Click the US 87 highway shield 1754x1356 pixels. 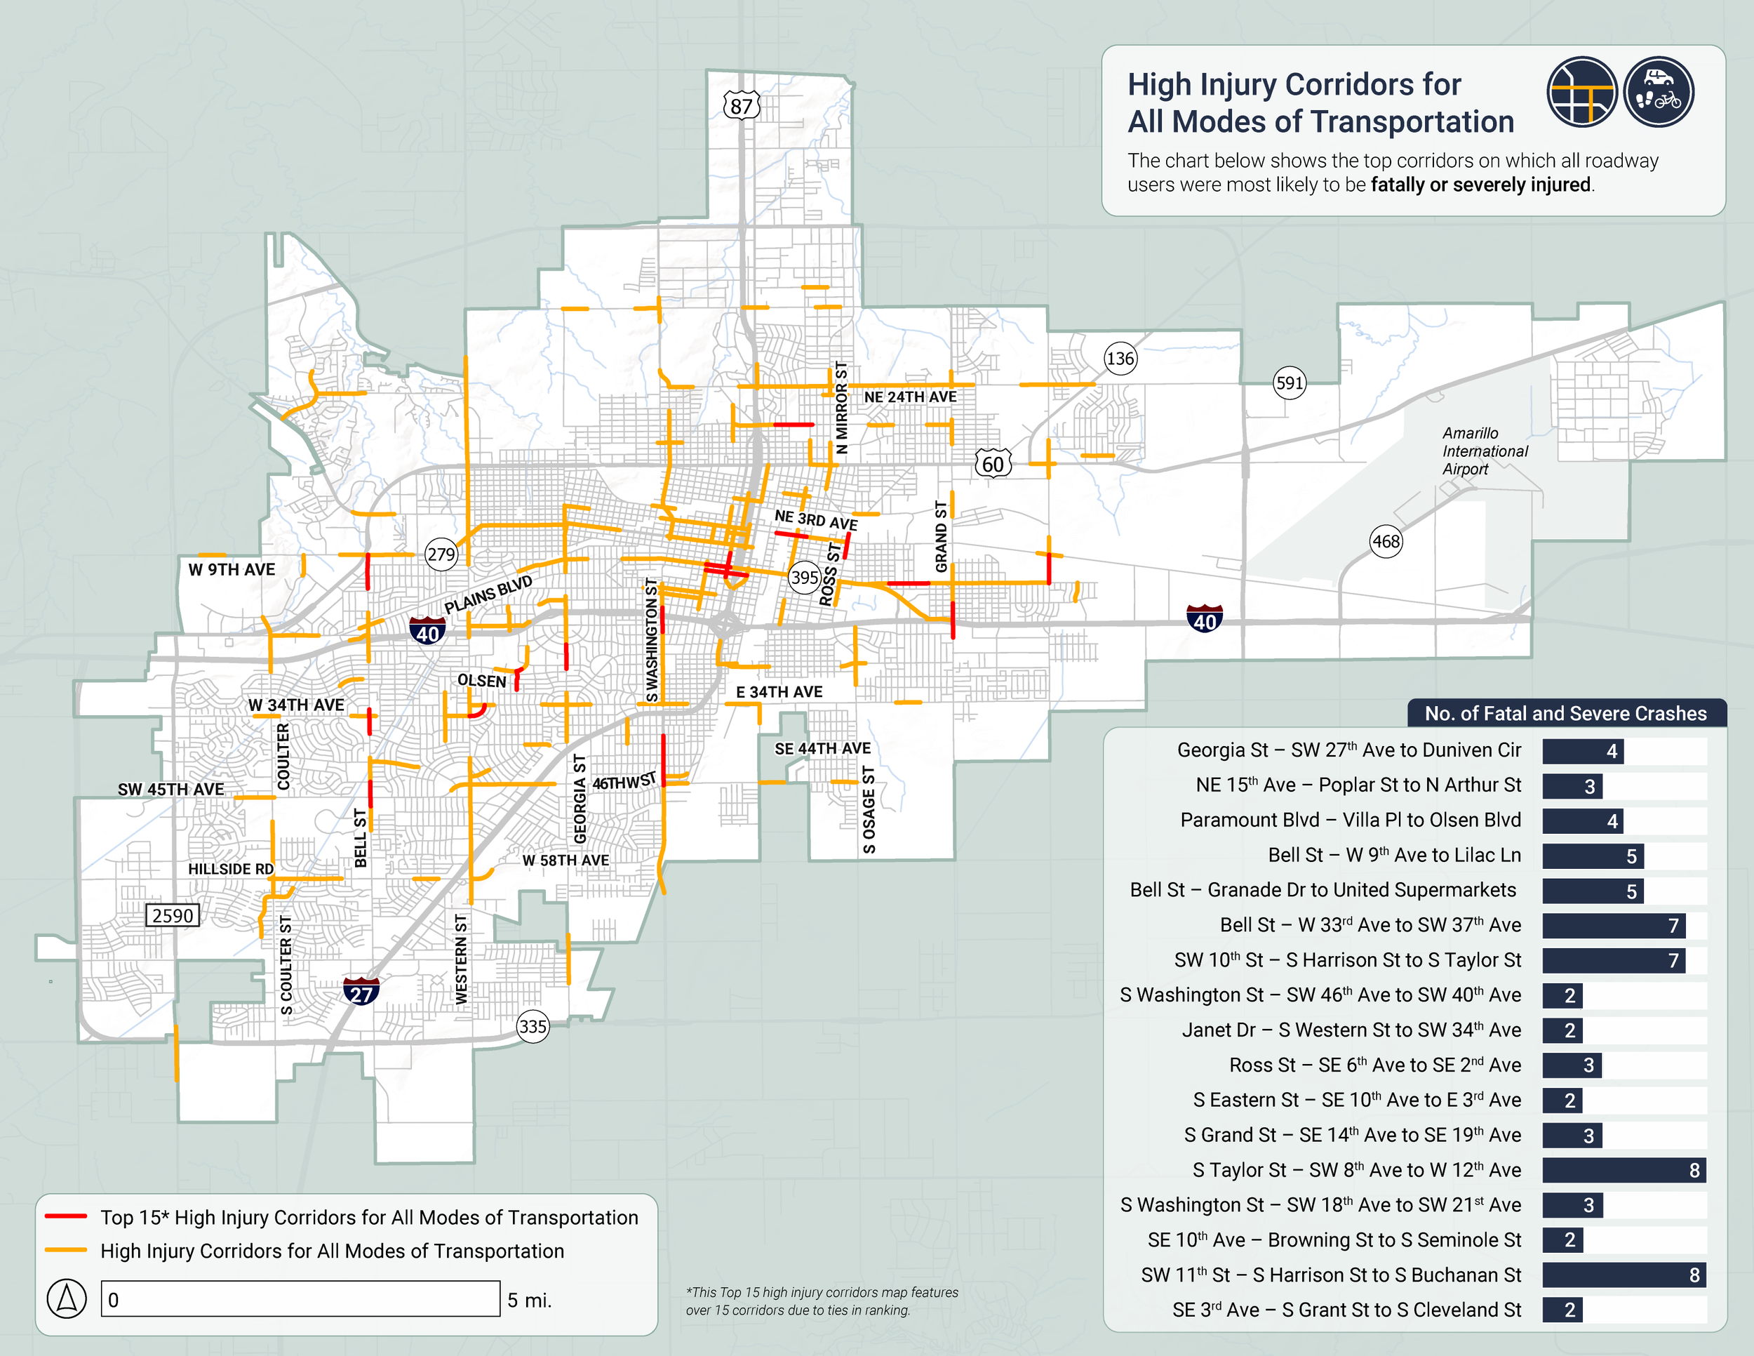click(x=740, y=105)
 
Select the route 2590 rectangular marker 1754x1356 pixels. click(x=173, y=915)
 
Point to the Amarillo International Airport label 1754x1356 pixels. click(x=1484, y=451)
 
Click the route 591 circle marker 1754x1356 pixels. click(x=1289, y=383)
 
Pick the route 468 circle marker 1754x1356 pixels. click(x=1386, y=541)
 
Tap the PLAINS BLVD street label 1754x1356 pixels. click(x=488, y=594)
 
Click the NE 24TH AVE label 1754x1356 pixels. click(x=910, y=397)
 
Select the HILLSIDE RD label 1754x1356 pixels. click(x=231, y=868)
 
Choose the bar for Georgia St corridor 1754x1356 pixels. click(x=1582, y=751)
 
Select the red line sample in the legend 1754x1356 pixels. click(x=66, y=1216)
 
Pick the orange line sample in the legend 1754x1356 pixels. click(x=66, y=1250)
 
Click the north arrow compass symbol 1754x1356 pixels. click(x=67, y=1298)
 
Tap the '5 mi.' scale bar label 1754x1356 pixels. click(x=529, y=1300)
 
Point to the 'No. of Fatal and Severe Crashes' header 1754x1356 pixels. click(x=1565, y=713)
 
